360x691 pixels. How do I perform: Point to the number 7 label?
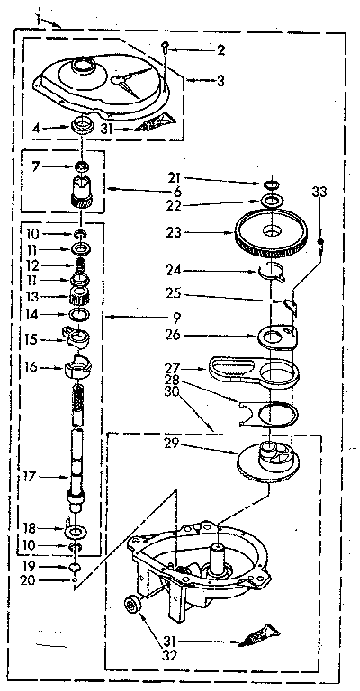click(36, 166)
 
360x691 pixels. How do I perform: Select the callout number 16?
click(31, 368)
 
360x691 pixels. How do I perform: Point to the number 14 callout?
click(31, 314)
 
